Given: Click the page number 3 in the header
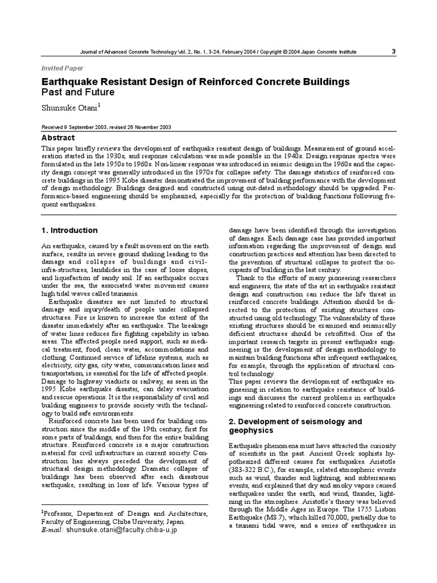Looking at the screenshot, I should point(393,51).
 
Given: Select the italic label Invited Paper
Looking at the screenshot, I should point(60,67).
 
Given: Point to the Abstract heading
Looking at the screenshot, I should point(59,138).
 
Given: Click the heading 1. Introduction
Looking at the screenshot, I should point(69,230).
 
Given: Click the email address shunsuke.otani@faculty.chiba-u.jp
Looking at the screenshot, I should point(122,529).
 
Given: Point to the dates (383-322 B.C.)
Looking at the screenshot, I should point(251,474).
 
